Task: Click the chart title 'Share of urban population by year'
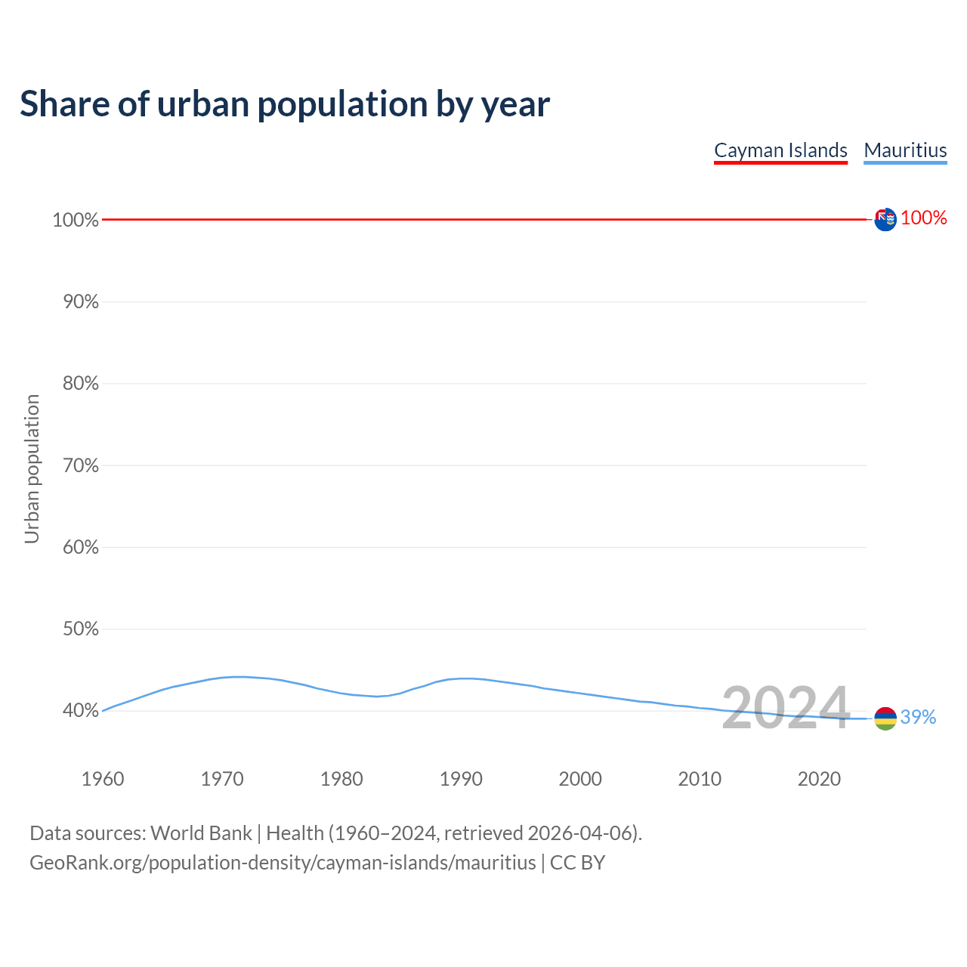click(284, 103)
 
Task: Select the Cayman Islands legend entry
click(780, 150)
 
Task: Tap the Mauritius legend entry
click(905, 150)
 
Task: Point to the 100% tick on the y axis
click(76, 220)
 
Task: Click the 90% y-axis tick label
click(80, 301)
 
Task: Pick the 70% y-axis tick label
click(80, 465)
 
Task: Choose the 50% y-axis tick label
click(80, 629)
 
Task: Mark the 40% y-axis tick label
click(80, 710)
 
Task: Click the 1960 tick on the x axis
click(103, 779)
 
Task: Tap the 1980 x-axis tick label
click(341, 779)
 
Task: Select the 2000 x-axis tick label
click(580, 779)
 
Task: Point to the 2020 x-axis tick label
click(819, 779)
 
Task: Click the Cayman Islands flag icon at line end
click(885, 219)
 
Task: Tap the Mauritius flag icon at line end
click(885, 718)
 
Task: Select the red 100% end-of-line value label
click(924, 218)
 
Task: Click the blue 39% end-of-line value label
click(918, 717)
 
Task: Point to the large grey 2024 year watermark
click(786, 708)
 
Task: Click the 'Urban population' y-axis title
click(32, 468)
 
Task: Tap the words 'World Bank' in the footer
click(201, 833)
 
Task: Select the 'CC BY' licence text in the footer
click(577, 862)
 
